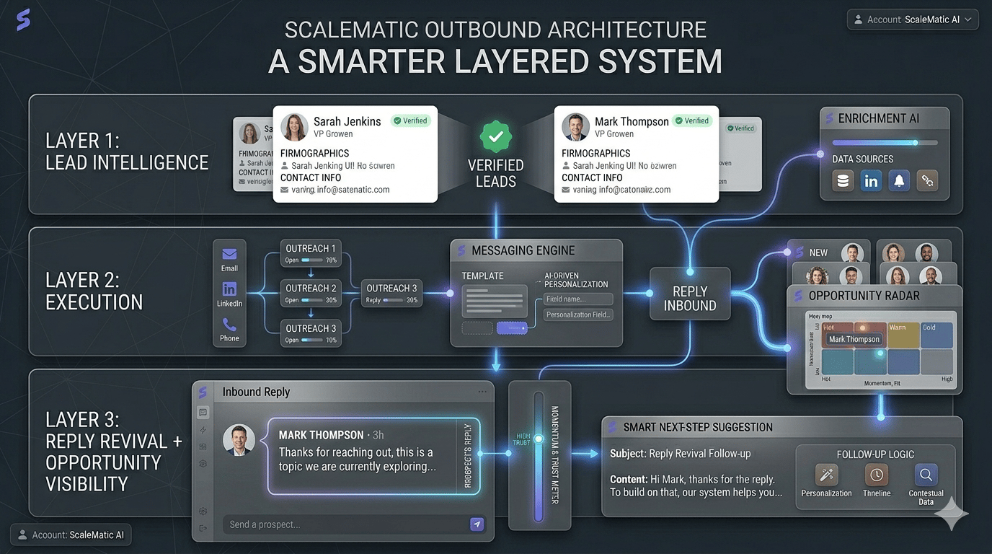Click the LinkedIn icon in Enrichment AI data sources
coord(871,181)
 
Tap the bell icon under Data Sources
coord(899,181)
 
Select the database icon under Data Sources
coord(843,181)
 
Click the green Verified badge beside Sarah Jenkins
coord(411,120)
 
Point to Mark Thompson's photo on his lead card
coord(575,127)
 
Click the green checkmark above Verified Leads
coord(495,137)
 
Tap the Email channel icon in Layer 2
coord(229,255)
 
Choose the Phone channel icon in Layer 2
coord(229,325)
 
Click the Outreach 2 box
coord(311,293)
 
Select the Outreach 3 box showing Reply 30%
coord(391,293)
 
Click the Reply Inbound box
coord(690,298)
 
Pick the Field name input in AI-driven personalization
coord(578,299)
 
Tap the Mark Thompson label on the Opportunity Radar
coord(854,339)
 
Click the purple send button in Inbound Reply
coord(477,524)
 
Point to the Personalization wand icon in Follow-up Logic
coord(826,475)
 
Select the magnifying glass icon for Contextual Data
coord(926,475)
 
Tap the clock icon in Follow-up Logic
coord(877,475)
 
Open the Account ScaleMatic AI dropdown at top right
coord(913,19)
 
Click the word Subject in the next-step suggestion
coord(627,454)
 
